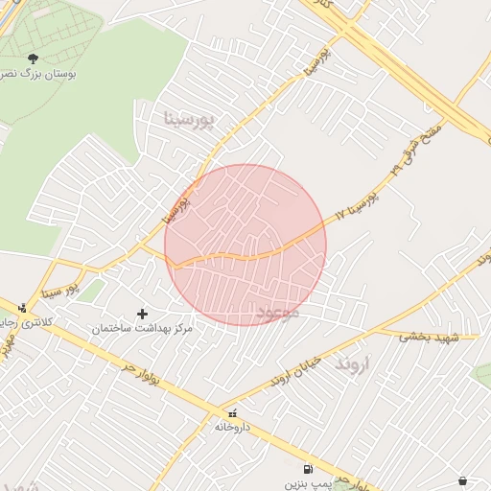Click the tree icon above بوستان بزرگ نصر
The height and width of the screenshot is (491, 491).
[34, 58]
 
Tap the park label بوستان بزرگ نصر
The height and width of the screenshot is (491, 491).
[39, 74]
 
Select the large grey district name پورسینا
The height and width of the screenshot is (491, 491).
[193, 119]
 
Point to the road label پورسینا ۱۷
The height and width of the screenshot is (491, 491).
[358, 203]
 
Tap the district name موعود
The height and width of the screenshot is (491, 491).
[279, 313]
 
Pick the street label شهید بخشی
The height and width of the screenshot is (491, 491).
[430, 337]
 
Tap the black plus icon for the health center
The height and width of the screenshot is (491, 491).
[143, 314]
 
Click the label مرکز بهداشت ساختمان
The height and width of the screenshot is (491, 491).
[143, 328]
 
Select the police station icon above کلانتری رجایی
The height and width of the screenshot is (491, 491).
[23, 308]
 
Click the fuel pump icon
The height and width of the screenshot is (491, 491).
[307, 470]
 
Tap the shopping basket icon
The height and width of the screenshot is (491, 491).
[463, 480]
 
